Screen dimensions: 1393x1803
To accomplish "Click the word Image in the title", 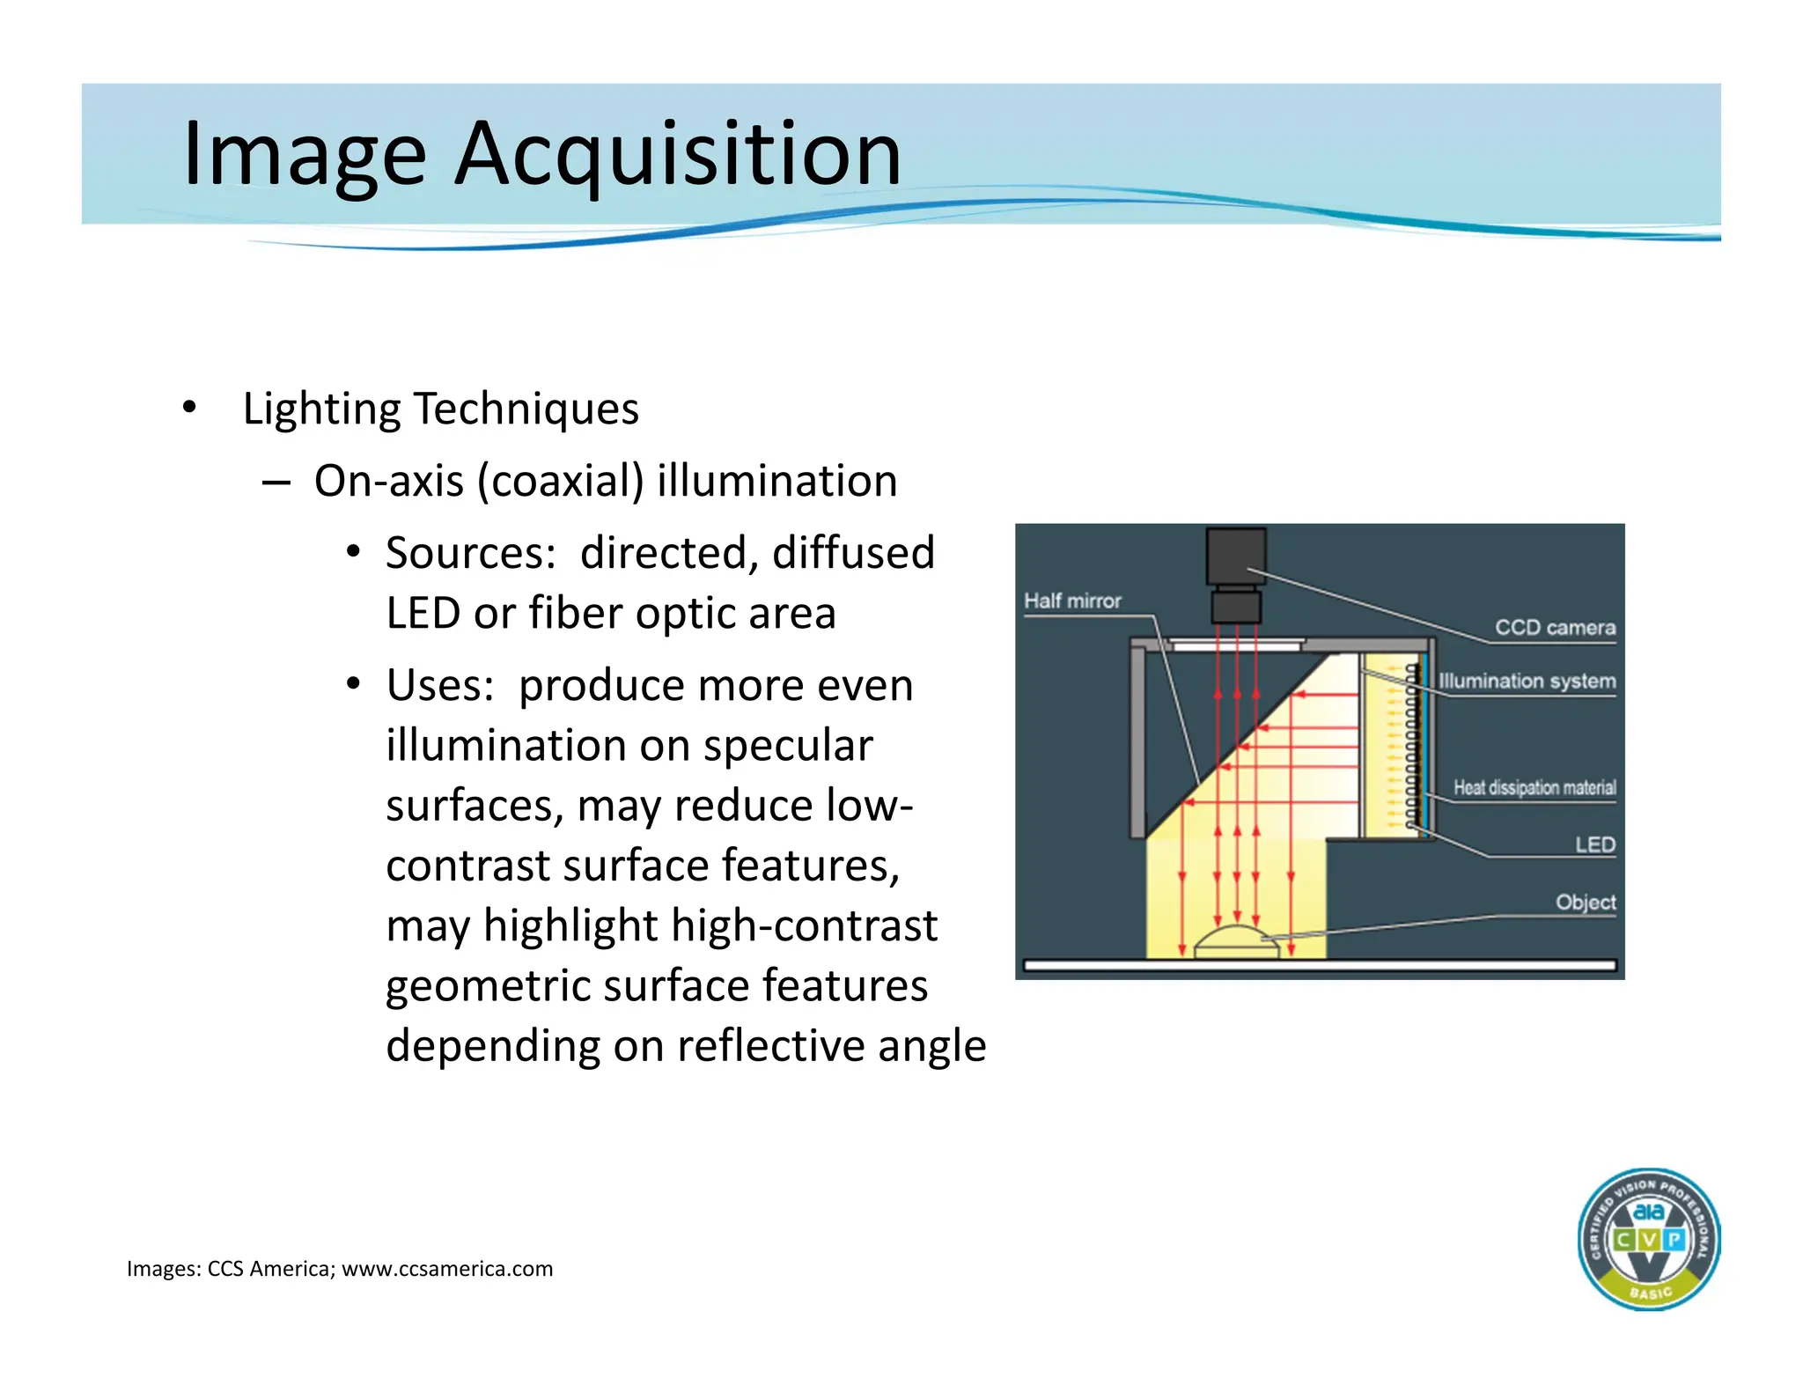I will click(x=304, y=155).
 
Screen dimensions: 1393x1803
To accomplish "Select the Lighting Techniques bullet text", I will click(x=440, y=409).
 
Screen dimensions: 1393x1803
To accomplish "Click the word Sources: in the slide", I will click(x=470, y=553).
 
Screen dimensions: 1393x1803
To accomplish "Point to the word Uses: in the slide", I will click(x=439, y=685).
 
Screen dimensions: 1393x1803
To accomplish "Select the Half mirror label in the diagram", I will click(x=1072, y=601).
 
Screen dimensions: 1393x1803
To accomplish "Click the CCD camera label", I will click(x=1555, y=627).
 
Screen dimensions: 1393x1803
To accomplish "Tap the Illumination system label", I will click(x=1527, y=681).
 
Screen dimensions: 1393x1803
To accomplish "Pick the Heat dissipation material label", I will click(x=1534, y=787).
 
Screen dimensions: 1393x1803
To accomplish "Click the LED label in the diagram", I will click(x=1594, y=844).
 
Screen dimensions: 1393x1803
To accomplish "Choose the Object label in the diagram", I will click(x=1585, y=902).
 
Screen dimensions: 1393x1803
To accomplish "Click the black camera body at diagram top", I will click(x=1236, y=556).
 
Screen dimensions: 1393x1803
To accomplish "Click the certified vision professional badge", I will click(x=1648, y=1239).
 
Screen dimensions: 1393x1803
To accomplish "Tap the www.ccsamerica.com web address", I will click(x=447, y=1269).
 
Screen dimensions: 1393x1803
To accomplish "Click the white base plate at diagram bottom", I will click(x=1320, y=966).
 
